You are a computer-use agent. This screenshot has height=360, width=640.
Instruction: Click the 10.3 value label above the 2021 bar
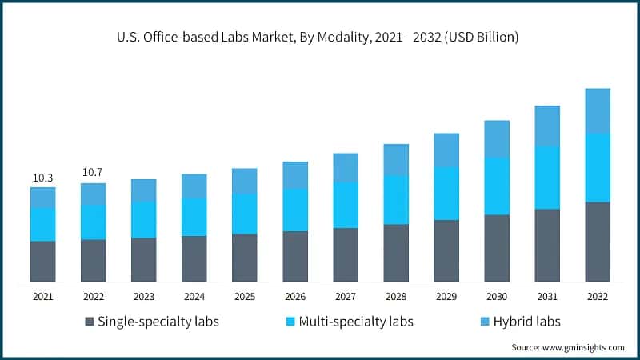43,177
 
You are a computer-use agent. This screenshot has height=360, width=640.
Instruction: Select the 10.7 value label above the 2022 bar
93,172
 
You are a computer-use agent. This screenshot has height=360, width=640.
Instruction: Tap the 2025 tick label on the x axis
244,297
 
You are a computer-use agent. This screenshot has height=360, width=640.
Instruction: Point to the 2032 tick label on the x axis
598,297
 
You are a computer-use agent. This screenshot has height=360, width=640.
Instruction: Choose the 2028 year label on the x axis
396,297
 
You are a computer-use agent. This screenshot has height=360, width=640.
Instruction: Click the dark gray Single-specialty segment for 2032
598,242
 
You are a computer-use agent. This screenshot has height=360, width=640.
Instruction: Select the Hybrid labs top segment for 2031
547,126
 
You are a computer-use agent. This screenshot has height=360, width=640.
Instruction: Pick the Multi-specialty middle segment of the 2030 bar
497,186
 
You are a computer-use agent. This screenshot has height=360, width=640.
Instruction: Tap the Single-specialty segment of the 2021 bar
43,261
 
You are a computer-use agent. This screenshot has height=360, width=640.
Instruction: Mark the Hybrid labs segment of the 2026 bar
295,174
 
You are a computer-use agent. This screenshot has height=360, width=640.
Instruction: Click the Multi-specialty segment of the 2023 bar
143,219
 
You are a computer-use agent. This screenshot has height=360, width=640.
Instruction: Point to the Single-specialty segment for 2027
346,254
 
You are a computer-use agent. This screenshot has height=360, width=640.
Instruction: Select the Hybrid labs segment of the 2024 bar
194,186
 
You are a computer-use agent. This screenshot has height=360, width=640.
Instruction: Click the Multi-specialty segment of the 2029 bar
446,193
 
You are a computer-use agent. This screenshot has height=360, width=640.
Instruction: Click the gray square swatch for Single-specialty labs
89,322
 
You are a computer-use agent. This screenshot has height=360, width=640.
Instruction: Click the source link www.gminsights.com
583,347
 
